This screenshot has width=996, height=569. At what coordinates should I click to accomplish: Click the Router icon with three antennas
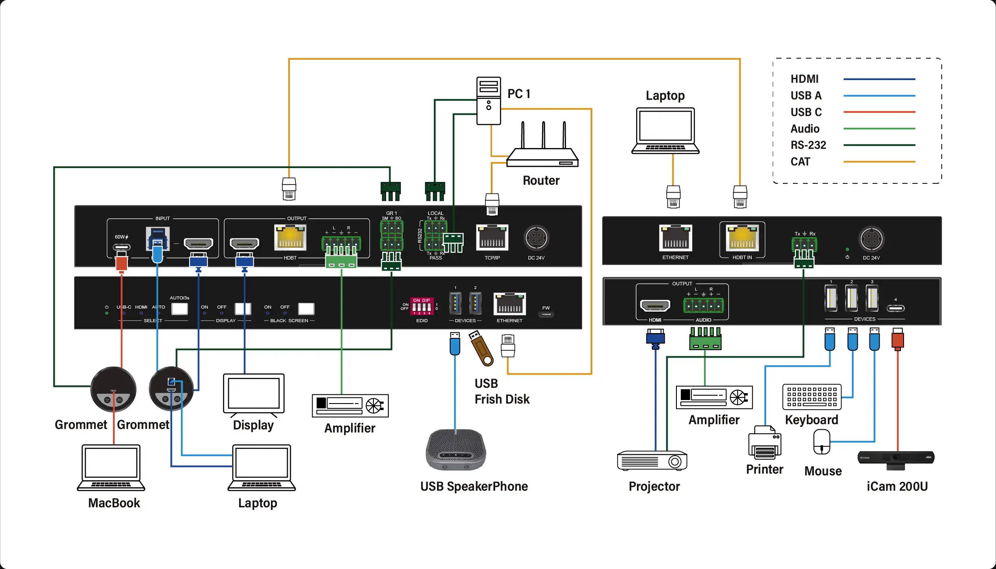click(542, 149)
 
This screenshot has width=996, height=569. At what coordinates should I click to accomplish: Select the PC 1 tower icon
click(489, 101)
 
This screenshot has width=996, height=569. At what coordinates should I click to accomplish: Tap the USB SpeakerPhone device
click(456, 450)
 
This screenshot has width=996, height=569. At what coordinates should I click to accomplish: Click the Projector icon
click(652, 460)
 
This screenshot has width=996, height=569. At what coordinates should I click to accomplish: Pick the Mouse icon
click(821, 442)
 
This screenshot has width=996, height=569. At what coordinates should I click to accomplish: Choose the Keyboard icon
click(812, 397)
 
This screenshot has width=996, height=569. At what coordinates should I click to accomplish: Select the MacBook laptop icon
click(111, 467)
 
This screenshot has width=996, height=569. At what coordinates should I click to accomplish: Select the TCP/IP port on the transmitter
click(492, 238)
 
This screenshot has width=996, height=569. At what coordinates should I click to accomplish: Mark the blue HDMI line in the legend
click(879, 79)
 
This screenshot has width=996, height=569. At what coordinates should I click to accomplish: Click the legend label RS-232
click(808, 145)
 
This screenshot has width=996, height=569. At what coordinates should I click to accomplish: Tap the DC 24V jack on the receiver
click(871, 239)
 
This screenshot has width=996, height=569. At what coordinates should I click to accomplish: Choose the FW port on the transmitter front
click(546, 314)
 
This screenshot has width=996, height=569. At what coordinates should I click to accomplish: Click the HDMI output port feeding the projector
click(655, 305)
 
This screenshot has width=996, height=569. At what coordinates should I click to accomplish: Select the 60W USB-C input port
click(122, 247)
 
